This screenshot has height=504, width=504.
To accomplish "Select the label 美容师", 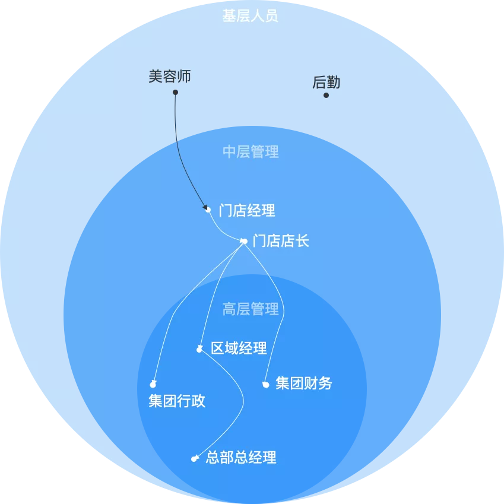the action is pos(170,77).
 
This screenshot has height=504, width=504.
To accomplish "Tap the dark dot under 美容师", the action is pos(175,93).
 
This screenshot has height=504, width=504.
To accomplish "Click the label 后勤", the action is pos(327,83).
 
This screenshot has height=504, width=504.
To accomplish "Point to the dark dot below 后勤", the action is pos(326,95).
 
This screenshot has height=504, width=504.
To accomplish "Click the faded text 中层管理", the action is pos(251,152).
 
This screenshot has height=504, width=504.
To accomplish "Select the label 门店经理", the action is pos(247,210).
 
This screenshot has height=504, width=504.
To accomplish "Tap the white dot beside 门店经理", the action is pos(208,210).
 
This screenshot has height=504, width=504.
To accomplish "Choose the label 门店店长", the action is pos(281,241).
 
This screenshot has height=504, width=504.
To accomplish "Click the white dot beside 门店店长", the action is pos(244,241).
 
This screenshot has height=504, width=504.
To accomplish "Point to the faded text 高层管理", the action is pos(251,309).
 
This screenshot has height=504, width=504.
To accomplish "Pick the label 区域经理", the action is pos(239,348).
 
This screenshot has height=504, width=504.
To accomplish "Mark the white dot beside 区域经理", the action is pos(199,350).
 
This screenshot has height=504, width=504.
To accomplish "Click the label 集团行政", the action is pos(177,401).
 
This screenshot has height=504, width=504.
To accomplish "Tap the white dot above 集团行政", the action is pos(153,385).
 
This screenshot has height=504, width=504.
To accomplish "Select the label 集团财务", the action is pos(304,383).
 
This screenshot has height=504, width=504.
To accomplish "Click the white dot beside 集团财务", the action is pos(266,385).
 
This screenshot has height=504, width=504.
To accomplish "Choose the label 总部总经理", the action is pos(241,458).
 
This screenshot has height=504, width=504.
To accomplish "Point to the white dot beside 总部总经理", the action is pos(194,459).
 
